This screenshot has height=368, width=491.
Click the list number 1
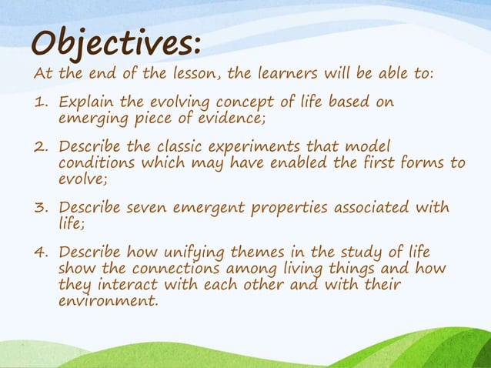click(40, 103)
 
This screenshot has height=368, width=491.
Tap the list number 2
click(40, 147)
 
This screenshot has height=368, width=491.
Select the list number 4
click(40, 253)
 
